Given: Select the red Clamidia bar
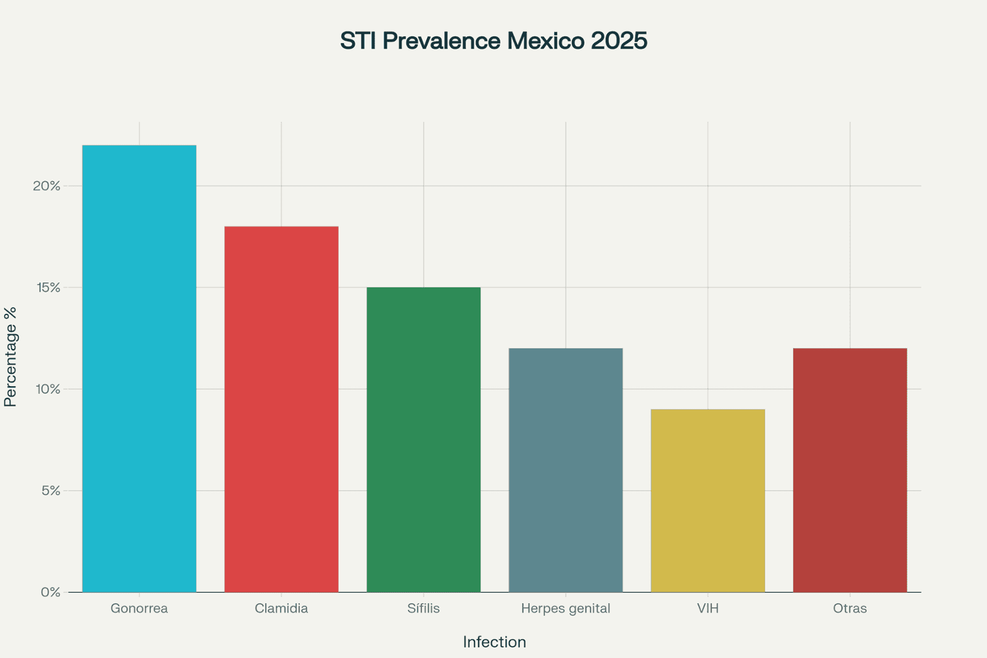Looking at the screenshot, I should coord(281,409).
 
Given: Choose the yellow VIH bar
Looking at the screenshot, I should coord(708,501).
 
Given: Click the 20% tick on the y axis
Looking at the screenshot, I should coord(47,186).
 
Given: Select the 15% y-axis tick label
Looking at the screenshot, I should coord(47,287).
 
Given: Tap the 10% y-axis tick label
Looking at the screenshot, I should coord(47,389).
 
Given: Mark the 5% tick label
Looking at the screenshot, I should coord(51,491).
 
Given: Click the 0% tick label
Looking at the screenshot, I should coord(51,592).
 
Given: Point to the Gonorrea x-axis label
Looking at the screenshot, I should coord(139,609).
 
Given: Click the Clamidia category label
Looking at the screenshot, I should coord(281,609).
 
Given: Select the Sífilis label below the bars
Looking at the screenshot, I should coord(423,609).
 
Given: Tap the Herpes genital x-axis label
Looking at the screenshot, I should coord(566,609).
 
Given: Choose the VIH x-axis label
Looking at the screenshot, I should coord(708,609).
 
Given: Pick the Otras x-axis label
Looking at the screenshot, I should coord(850,609).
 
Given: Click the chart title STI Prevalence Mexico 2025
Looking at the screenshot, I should coord(493,41).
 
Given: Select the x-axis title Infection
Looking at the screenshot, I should coord(494,642).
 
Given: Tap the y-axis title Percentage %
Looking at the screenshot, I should coord(10,357).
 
